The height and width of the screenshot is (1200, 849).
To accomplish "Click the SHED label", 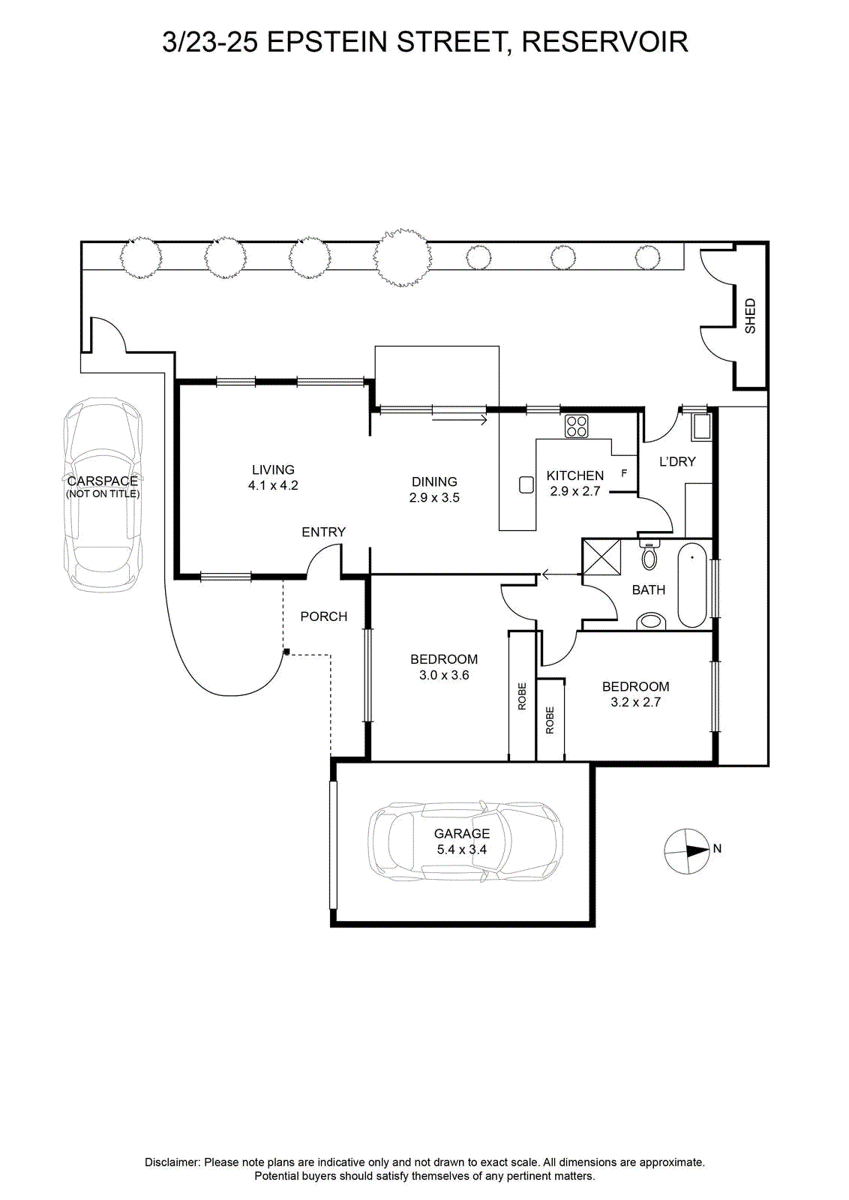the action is [x=750, y=316].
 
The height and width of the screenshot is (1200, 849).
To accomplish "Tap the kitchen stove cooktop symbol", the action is [x=576, y=427].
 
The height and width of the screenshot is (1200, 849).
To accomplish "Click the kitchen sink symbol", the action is [x=526, y=484].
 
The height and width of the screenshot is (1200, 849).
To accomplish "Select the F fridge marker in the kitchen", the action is [x=624, y=473].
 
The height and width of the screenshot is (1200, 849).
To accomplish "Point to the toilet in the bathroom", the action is [x=649, y=555].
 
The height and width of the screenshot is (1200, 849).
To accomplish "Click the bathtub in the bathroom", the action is [x=692, y=584].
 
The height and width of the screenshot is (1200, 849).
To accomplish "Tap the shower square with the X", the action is [x=601, y=557].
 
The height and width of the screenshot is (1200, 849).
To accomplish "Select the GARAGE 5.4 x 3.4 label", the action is [x=462, y=841].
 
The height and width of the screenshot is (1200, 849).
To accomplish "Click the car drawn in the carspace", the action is [x=103, y=495].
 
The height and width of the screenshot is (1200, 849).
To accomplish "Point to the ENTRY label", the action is [x=323, y=532].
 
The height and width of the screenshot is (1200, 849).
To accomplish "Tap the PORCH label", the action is [x=323, y=616].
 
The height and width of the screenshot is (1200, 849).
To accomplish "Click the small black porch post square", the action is [x=286, y=652].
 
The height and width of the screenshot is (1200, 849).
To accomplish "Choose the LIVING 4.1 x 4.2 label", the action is [x=273, y=477].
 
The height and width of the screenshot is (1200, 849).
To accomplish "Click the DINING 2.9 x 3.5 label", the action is [x=434, y=490].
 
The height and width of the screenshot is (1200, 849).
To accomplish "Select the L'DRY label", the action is [x=677, y=461].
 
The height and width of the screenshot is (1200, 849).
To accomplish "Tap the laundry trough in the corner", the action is [x=700, y=427].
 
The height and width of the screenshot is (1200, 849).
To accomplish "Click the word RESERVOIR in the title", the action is [x=604, y=42].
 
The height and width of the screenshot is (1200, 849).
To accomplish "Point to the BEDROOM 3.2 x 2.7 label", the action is [x=635, y=694].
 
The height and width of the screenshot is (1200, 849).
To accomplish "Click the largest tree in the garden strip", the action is [x=402, y=258].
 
